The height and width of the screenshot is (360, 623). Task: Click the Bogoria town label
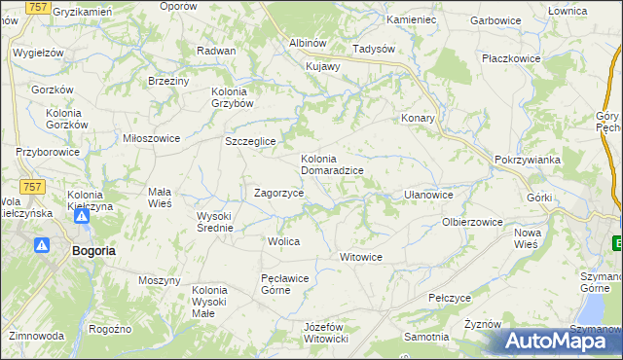[x=93, y=250]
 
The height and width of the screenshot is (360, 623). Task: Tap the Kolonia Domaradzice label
[x=332, y=164]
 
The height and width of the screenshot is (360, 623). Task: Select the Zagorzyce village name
[x=278, y=194]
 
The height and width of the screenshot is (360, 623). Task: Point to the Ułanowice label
[x=428, y=195]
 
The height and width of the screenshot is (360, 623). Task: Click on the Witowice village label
[x=360, y=257]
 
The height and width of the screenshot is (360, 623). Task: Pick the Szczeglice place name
[x=251, y=141]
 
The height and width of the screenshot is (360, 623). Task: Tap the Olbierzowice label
[x=472, y=222]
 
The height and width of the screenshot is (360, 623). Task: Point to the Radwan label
[x=216, y=51]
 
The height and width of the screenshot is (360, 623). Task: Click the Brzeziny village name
[x=167, y=81]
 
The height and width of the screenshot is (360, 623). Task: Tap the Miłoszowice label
[x=151, y=138]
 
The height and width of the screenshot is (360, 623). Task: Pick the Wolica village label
[x=283, y=240]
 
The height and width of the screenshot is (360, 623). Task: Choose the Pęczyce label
[x=450, y=297]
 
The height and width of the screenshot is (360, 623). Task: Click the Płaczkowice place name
[x=511, y=58]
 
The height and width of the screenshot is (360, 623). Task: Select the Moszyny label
[x=160, y=280]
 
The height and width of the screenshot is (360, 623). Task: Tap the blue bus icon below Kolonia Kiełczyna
[x=82, y=216]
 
